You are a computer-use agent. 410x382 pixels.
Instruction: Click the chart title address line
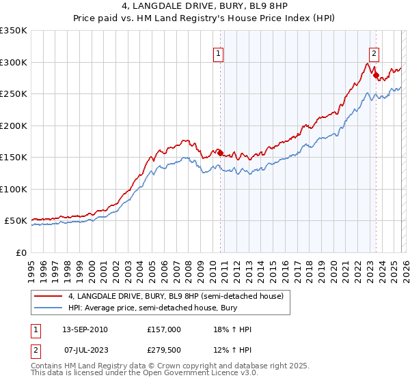pos(204,6)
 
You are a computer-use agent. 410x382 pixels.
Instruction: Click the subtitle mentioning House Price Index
pos(204,18)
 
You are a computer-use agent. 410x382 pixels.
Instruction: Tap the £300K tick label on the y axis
pos(14,62)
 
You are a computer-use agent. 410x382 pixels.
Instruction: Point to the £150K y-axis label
pos(14,157)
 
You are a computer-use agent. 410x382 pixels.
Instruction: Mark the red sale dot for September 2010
pos(220,153)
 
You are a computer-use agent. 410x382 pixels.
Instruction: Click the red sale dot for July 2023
pos(376,75)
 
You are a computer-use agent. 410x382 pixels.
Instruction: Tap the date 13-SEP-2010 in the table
pos(85,329)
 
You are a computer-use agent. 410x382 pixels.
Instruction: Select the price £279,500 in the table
pos(164,350)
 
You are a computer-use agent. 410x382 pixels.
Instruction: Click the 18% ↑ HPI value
pos(232,329)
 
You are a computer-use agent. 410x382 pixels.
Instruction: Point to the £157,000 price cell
pos(164,329)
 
